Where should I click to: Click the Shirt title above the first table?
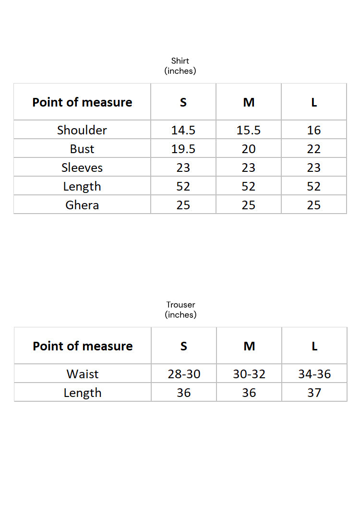(180, 61)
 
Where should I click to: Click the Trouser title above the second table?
(180, 305)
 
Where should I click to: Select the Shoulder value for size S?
(183, 130)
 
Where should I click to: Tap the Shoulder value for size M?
(249, 130)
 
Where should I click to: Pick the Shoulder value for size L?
(314, 130)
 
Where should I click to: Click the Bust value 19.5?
(183, 149)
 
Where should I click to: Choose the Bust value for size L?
(314, 149)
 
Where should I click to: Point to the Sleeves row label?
(82, 168)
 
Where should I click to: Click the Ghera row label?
(82, 205)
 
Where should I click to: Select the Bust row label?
(82, 149)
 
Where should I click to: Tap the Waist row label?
(83, 374)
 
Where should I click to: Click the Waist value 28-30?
(184, 374)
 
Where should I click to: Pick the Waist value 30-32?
(249, 374)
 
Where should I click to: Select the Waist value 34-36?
(314, 374)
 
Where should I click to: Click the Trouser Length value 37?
(314, 393)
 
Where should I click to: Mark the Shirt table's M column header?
(249, 102)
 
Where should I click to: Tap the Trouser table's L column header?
(314, 346)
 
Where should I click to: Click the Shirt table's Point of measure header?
(82, 102)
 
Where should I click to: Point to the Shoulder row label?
(82, 130)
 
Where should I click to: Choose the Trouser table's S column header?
(184, 346)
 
